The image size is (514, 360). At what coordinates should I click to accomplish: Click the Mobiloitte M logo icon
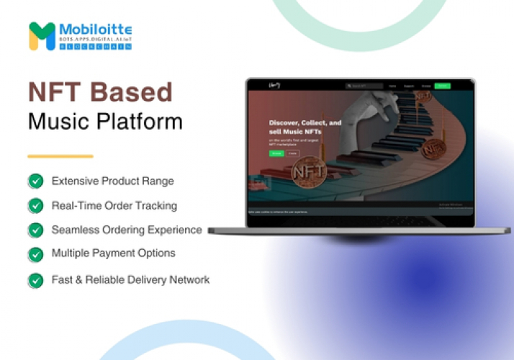coord(42,36)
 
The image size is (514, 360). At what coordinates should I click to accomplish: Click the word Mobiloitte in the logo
coord(96,30)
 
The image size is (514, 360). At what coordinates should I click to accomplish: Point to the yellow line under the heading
coord(60,156)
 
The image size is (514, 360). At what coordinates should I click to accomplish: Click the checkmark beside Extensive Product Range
coord(35,181)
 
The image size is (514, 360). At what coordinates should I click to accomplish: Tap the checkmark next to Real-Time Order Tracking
coord(35,206)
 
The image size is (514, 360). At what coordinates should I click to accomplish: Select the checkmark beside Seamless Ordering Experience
coord(35,230)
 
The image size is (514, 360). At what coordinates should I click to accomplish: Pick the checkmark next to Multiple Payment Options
coord(35,254)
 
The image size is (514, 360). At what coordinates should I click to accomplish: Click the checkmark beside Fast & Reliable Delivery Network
coord(35,280)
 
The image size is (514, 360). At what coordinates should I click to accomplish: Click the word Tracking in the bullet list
coord(155,206)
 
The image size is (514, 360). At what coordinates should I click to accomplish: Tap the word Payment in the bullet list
coord(118,253)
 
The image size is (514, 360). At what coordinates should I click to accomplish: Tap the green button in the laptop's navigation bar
coord(443,86)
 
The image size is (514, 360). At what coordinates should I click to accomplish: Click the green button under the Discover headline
coord(276,153)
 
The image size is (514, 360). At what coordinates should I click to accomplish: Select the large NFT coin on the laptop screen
coord(309,174)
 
